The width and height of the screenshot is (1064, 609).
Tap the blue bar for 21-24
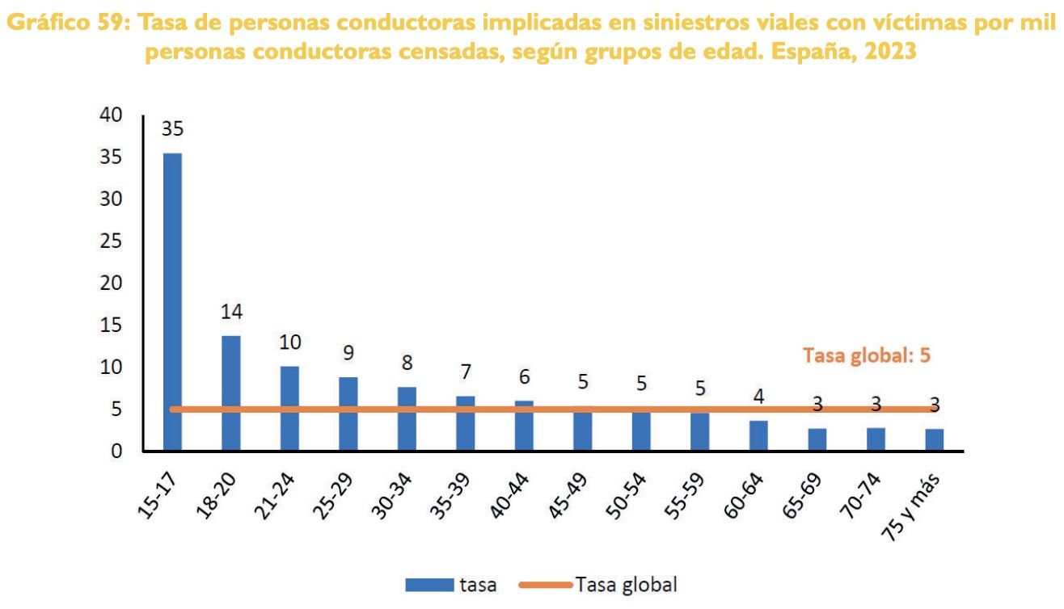pos(289,408)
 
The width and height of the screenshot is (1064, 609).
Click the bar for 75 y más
pos(934,439)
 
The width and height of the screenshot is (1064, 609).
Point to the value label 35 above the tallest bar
pos(172,129)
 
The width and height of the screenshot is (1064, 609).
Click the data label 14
pos(231,312)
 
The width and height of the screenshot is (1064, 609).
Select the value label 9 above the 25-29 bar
pos(348,353)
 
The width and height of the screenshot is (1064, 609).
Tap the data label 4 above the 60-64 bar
pos(758,397)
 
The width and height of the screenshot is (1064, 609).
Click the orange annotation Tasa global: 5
pos(867,355)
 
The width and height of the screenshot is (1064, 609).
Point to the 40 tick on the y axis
pos(111,115)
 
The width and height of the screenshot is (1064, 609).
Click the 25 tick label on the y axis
pos(111,241)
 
